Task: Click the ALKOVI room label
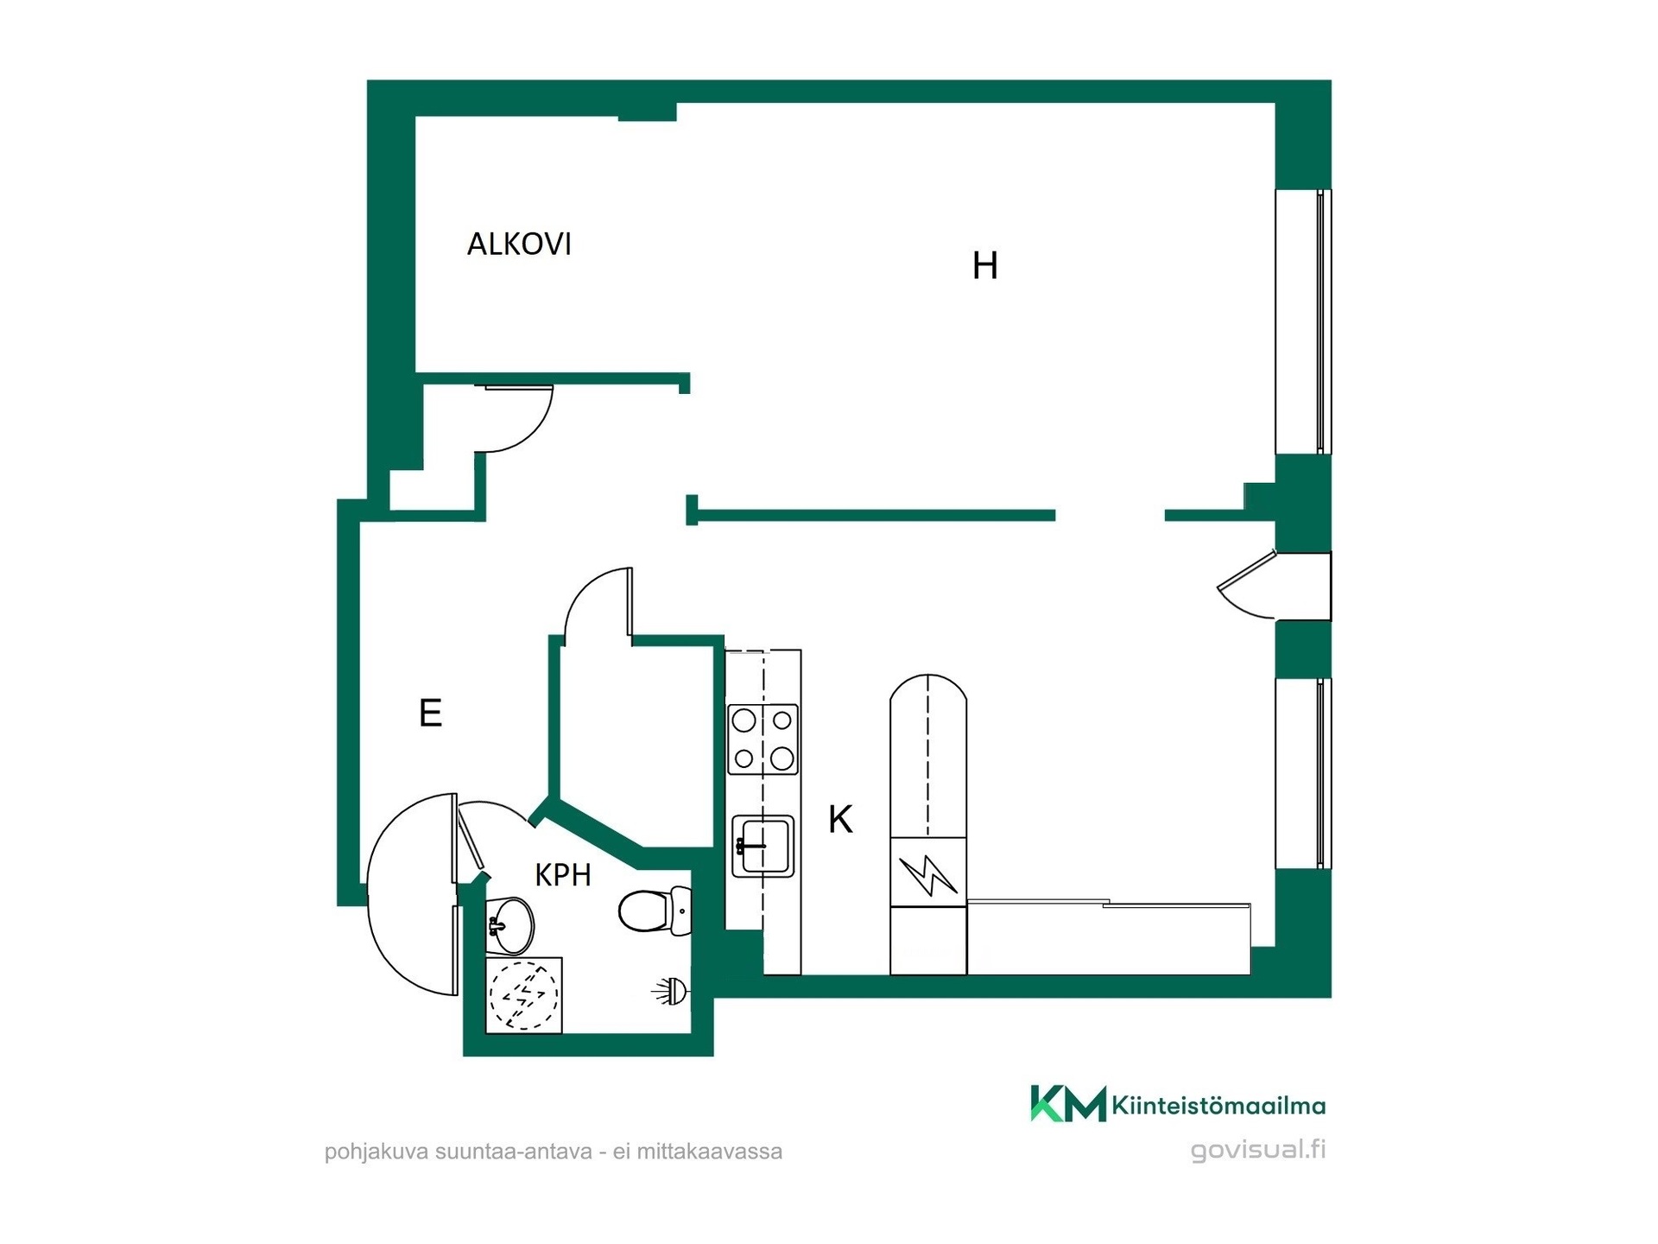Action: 519,244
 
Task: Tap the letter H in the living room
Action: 985,266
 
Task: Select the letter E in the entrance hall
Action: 430,714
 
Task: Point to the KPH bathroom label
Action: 563,875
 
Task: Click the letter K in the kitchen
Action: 840,819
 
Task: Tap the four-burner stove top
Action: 763,739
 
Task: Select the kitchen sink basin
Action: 763,847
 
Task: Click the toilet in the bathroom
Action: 656,911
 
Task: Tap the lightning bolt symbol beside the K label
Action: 928,874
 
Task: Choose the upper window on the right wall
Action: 1303,321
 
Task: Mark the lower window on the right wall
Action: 1303,773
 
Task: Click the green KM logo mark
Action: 1068,1103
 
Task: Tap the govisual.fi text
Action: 1258,1150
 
